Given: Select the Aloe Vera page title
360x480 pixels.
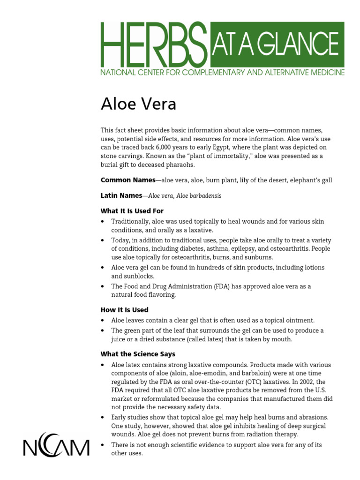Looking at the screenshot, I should click(138, 104).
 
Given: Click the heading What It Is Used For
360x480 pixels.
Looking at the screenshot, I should click(132, 211).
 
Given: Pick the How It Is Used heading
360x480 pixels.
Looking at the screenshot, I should click(124, 310).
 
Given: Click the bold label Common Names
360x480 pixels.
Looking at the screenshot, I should click(128, 180).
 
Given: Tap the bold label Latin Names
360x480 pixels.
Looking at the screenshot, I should click(121, 195).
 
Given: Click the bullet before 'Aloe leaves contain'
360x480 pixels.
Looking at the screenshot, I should click(103, 321).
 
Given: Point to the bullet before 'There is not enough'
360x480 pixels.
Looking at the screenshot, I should click(103, 445).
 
